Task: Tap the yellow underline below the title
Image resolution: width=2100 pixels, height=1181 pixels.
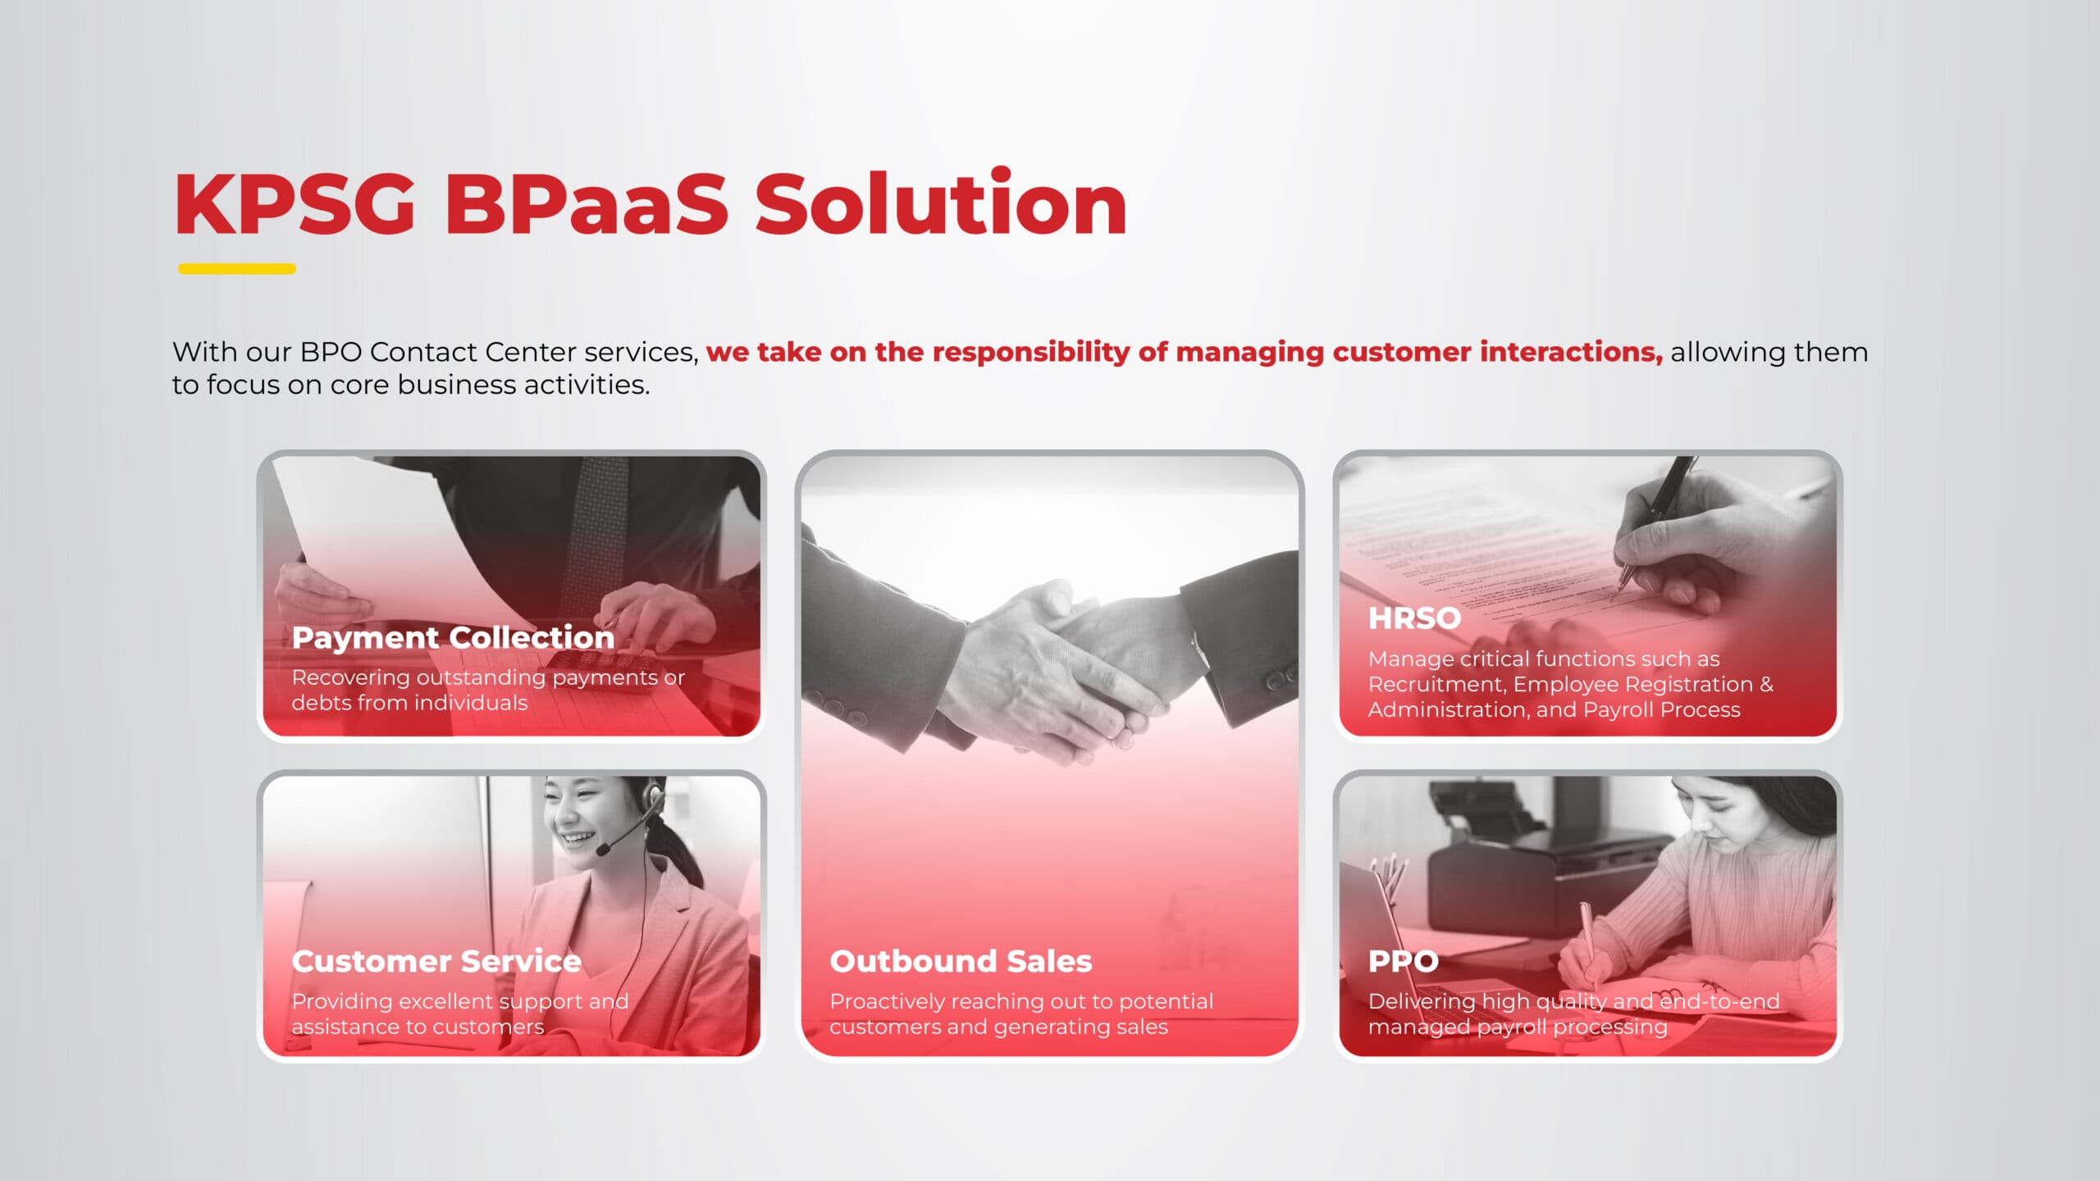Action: click(237, 268)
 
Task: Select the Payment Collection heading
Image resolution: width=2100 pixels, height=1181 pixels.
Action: click(453, 637)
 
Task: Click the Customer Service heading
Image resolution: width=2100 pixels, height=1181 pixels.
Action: click(436, 960)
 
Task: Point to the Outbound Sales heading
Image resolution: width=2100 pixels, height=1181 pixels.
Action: click(961, 960)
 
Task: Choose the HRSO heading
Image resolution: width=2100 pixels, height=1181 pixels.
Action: click(1414, 618)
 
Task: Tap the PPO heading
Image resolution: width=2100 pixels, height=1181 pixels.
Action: click(1403, 960)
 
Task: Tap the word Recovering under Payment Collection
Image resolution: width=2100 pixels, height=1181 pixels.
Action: click(350, 678)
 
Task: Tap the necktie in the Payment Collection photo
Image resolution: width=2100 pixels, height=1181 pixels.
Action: click(597, 525)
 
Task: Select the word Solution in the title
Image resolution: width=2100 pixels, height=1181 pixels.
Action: click(941, 203)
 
